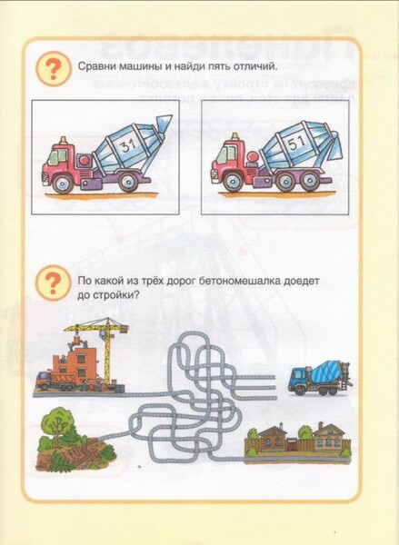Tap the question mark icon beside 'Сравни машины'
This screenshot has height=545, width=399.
pos(54,68)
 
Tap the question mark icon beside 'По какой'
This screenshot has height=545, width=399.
pos(53,282)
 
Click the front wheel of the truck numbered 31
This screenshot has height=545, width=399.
pos(65,183)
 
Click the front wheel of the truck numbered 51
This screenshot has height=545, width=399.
pos(232,182)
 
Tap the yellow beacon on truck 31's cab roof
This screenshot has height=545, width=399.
pos(63,140)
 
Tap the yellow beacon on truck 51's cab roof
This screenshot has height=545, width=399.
pos(235,135)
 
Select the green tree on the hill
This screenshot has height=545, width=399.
pos(59,425)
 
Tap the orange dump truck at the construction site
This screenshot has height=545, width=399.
pos(54,381)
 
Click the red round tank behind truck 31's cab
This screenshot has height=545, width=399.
pos(85,161)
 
